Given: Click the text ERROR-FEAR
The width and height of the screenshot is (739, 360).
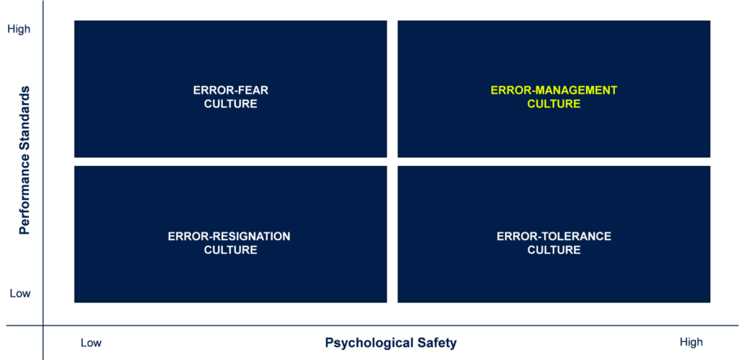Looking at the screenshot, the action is [230, 90].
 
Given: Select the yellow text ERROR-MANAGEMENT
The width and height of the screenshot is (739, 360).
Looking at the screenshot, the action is [554, 90].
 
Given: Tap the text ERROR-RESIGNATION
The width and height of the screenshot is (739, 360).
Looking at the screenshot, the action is [229, 236].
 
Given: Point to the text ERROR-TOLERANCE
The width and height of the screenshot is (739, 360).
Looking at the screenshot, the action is [554, 236].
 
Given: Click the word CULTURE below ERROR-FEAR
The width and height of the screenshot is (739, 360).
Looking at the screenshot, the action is [230, 104].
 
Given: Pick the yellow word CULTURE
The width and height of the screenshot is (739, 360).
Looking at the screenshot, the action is [554, 104].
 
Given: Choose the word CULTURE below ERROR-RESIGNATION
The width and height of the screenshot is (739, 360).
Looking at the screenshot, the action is [230, 250].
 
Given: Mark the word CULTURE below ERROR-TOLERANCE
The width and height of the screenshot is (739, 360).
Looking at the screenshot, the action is [554, 250].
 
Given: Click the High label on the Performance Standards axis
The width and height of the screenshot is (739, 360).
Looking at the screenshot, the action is [19, 29].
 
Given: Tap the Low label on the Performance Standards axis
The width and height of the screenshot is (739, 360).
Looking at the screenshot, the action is [20, 294].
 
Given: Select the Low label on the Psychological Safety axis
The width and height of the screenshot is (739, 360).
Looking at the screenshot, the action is [91, 343].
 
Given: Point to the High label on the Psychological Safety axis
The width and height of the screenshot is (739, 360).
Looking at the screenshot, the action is [691, 343].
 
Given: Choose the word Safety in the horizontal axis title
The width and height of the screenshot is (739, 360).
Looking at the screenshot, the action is [440, 343].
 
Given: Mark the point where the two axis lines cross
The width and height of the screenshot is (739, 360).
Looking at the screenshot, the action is [43, 325].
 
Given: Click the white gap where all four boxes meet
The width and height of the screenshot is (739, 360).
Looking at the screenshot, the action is [392, 162].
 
